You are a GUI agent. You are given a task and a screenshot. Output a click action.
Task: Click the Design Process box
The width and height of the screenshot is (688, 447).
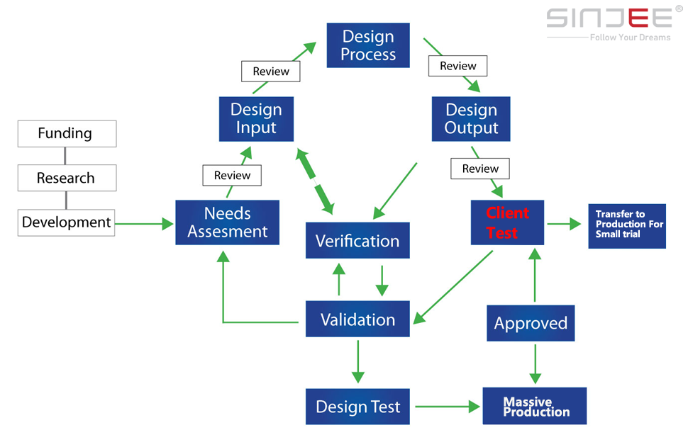point(368,45)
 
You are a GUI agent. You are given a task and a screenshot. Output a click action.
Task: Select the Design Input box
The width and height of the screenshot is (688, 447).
point(256,119)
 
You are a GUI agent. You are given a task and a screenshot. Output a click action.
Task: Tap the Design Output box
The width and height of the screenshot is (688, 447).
point(471,119)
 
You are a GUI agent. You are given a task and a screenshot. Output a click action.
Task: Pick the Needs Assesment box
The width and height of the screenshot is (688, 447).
point(227,222)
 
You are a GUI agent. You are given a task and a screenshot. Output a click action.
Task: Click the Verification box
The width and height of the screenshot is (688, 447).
point(357,240)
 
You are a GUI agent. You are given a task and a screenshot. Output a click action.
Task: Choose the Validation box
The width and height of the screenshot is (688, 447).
point(357,319)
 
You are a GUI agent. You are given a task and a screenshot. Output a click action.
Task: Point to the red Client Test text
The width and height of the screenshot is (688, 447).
point(507,222)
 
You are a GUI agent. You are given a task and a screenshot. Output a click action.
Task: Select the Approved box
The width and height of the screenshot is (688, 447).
point(531,323)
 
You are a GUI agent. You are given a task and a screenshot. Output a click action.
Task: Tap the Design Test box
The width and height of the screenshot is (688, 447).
point(357,406)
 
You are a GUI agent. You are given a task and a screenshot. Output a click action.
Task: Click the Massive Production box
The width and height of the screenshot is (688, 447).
point(534,406)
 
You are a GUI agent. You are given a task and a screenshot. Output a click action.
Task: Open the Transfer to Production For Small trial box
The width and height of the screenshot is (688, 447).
point(627,226)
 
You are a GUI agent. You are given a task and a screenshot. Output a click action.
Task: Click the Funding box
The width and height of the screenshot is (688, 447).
point(67,134)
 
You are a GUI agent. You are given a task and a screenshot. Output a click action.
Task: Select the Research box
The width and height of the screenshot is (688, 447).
point(67,178)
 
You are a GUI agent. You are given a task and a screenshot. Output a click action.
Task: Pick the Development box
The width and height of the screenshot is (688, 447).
point(66,222)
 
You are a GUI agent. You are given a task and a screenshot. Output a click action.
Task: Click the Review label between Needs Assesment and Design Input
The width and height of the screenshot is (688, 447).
point(232,175)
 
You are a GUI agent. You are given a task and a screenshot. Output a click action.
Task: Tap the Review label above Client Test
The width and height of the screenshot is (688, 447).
point(480,169)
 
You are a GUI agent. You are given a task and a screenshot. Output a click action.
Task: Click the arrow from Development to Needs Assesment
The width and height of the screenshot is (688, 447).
point(145,224)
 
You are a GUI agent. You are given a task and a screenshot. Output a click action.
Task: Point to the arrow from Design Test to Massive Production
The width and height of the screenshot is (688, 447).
point(448,407)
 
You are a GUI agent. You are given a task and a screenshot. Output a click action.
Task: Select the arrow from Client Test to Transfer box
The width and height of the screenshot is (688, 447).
point(565,224)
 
